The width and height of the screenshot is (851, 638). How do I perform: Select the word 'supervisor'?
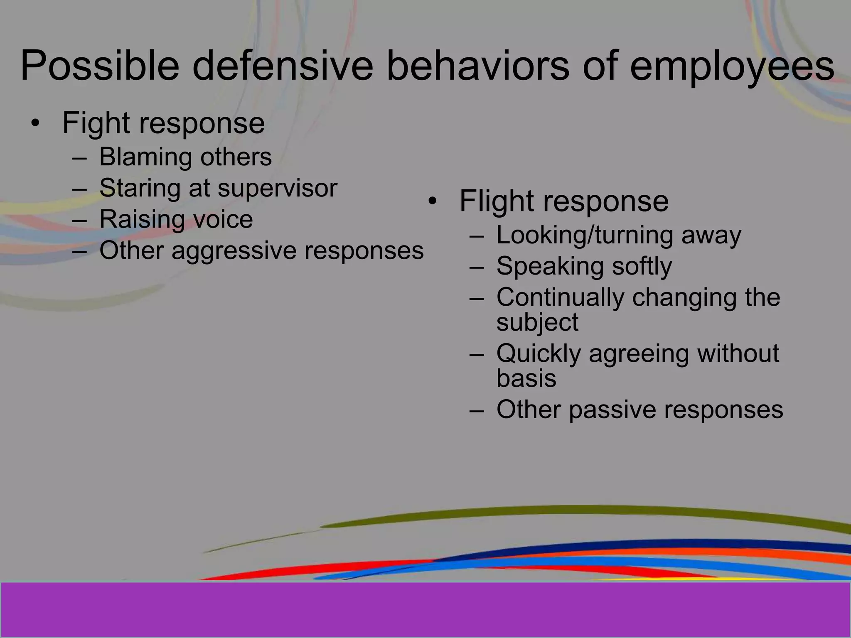[x=277, y=188]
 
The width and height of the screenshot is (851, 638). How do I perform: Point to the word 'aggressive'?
[x=234, y=251]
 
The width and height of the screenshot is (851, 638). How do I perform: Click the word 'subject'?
[x=537, y=322]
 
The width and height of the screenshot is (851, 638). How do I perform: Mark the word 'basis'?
[x=526, y=378]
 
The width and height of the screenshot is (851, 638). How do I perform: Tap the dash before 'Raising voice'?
[x=79, y=220]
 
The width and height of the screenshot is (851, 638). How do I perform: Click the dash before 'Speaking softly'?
[x=477, y=266]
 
